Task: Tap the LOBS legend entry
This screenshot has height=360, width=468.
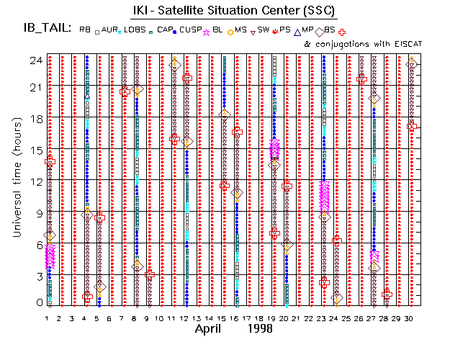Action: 133,30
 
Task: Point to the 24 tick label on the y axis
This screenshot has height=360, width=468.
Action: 35,60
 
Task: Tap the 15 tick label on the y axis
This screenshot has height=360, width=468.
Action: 35,150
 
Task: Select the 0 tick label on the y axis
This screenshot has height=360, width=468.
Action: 37,302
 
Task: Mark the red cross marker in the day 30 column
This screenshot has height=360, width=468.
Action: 412,126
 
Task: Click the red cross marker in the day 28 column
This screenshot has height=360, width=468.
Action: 387,293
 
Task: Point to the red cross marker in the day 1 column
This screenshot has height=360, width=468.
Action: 50,162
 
